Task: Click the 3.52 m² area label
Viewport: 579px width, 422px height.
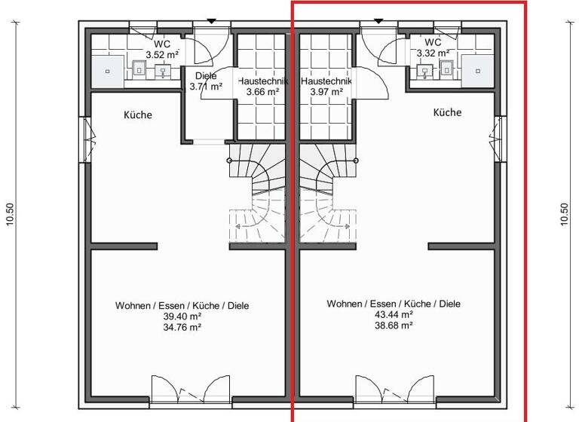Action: click(x=162, y=54)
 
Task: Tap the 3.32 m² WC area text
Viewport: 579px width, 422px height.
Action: click(x=433, y=54)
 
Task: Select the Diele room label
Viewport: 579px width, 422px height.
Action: click(x=206, y=76)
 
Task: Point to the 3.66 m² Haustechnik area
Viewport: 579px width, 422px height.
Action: click(x=262, y=92)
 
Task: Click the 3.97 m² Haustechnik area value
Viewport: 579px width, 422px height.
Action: click(x=326, y=92)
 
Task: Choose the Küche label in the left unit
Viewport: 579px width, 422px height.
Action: click(x=138, y=115)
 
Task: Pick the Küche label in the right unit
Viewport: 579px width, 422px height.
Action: click(x=447, y=112)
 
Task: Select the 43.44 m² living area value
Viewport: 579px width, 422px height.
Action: click(x=393, y=315)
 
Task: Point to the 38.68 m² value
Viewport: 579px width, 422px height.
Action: click(x=393, y=326)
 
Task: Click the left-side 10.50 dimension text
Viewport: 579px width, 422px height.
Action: click(x=11, y=213)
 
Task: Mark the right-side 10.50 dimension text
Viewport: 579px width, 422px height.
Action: click(x=565, y=213)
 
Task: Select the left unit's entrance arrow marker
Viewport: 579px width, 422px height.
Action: click(x=211, y=20)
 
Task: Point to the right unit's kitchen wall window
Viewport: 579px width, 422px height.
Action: click(x=498, y=138)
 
